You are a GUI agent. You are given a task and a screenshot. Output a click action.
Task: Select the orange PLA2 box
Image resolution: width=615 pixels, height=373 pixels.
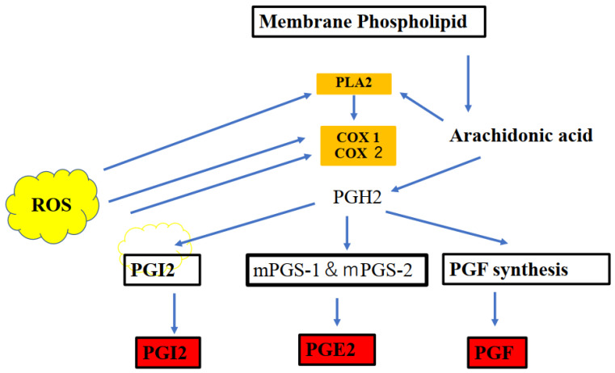[x=353, y=82]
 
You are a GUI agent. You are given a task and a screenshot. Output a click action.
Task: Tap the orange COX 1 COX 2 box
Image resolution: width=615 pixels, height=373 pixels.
[x=353, y=145]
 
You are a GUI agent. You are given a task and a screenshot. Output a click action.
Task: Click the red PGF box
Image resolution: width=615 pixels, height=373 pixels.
[x=496, y=352]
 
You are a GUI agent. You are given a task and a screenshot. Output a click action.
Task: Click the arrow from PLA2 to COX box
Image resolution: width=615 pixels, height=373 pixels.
[x=353, y=108]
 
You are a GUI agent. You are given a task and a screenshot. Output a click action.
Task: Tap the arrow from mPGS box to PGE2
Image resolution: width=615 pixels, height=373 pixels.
[x=339, y=311]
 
